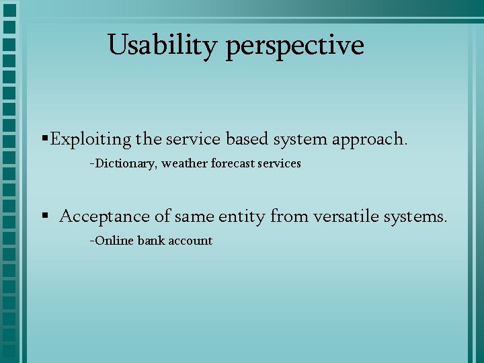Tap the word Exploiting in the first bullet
point(91,139)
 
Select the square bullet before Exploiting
point(44,138)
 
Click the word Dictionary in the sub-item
point(126,163)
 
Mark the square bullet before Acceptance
point(44,216)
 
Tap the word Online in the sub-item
point(115,240)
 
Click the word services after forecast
point(280,163)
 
